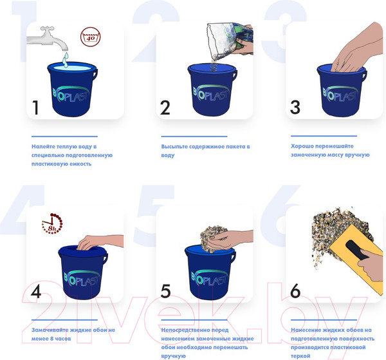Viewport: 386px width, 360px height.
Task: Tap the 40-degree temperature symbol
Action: (90, 37)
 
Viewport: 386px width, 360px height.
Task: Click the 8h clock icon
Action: (52, 223)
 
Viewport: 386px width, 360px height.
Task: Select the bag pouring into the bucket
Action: (229, 41)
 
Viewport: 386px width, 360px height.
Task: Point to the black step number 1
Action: (35, 108)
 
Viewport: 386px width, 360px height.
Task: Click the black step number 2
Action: (165, 108)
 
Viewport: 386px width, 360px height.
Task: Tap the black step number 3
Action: (295, 107)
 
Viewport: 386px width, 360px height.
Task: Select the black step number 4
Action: (36, 291)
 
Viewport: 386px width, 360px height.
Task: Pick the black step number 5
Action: (165, 291)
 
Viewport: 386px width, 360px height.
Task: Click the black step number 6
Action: (295, 290)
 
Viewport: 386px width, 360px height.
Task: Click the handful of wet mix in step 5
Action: (213, 238)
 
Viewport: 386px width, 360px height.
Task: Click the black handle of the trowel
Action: (356, 250)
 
